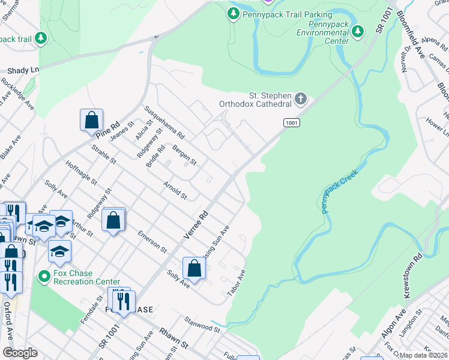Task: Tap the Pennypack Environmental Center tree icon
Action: point(358,31)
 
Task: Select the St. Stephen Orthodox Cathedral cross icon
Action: point(301,98)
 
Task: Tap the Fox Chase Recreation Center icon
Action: point(43,277)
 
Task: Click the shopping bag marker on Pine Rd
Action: point(91,119)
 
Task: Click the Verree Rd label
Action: point(196,227)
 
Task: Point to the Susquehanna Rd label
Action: point(163,121)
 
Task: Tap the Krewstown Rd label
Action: point(414,263)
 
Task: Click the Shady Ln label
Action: point(19,70)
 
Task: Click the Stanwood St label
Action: point(203,324)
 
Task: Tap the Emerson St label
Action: point(151,239)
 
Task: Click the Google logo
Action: point(20,353)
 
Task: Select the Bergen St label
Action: point(184,154)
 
